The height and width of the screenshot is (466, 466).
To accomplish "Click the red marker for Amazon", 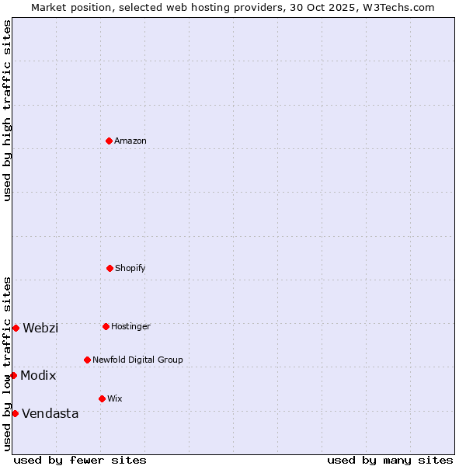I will [109, 141].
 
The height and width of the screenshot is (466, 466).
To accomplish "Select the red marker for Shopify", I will [110, 268].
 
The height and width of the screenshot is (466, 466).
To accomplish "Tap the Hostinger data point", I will [106, 326].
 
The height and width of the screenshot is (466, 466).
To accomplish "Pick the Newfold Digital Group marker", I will [87, 360].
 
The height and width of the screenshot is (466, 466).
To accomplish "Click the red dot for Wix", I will [102, 398].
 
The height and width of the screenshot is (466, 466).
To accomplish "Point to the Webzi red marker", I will [16, 328].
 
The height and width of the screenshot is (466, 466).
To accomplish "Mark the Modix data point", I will [13, 375].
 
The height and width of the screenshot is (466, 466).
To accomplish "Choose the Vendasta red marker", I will [15, 413].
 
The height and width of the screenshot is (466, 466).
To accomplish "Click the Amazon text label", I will [130, 141].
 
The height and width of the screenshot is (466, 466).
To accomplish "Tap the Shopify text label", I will [130, 268].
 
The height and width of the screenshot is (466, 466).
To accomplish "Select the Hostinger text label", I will [130, 326].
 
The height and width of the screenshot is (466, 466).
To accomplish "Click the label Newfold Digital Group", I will [137, 360].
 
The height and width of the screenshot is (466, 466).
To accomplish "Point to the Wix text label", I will [115, 398].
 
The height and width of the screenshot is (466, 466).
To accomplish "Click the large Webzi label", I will [40, 328].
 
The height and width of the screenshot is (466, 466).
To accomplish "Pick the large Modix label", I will [38, 375].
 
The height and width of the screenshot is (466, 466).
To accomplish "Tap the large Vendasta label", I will [50, 413].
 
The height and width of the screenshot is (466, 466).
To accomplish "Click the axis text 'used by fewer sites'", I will [80, 460].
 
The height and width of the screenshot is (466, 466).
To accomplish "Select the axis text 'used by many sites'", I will [390, 460].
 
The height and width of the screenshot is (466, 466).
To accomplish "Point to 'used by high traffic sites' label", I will [7, 110].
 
